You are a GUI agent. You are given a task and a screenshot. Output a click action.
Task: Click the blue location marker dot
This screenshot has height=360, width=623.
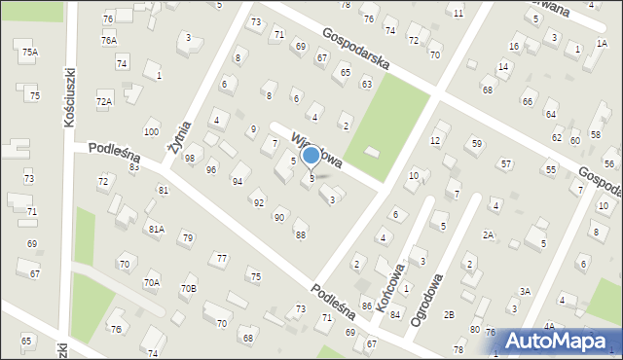pyautogui.click(x=311, y=155)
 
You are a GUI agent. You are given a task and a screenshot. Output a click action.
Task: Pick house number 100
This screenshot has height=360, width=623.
pyautogui.click(x=151, y=132)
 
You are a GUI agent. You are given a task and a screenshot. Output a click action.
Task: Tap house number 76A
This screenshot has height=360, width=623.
pyautogui.click(x=108, y=41)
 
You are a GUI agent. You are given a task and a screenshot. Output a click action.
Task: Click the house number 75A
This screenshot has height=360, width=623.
pyautogui.click(x=30, y=53)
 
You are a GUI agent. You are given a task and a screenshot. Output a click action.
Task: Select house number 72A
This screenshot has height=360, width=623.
pyautogui.click(x=104, y=101)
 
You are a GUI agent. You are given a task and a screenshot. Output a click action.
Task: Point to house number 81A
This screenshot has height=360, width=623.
pyautogui.click(x=156, y=229)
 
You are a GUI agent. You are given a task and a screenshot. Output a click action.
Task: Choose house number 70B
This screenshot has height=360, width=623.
pyautogui.click(x=188, y=288)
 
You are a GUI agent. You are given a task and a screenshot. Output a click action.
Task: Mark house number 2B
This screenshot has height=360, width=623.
pyautogui.click(x=449, y=314)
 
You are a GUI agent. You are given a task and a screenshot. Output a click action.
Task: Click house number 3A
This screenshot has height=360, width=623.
pyautogui.click(x=525, y=291)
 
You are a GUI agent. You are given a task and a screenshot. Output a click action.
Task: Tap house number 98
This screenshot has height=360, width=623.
pyautogui.click(x=190, y=159)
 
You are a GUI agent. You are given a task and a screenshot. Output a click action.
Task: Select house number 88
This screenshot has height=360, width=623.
pyautogui.click(x=301, y=234)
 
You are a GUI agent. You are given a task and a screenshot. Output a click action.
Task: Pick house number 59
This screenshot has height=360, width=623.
pyautogui.click(x=476, y=144)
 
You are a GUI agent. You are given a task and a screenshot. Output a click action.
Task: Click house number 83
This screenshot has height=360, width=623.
pyautogui.click(x=134, y=167)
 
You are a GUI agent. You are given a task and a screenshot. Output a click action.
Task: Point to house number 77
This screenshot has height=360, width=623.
pyautogui.click(x=222, y=258)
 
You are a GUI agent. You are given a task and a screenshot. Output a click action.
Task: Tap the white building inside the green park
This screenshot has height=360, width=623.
pyautogui.click(x=373, y=151)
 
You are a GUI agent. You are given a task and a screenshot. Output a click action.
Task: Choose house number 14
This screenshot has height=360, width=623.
pyautogui.click(x=502, y=67)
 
